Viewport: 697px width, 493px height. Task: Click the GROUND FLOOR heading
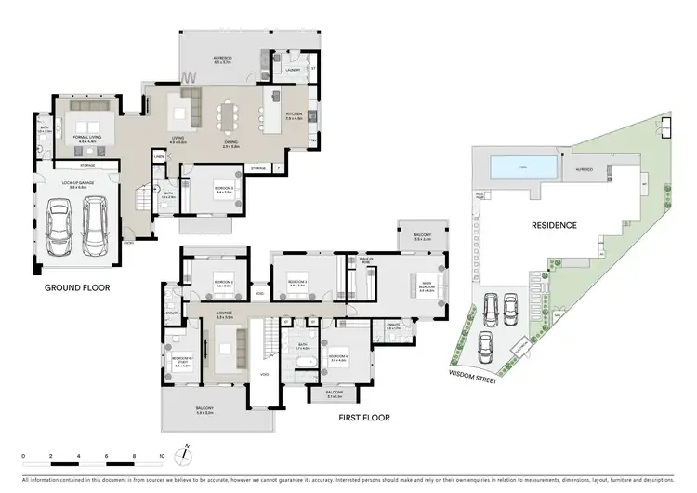coord(78,288)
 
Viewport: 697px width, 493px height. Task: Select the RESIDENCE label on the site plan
coord(554,225)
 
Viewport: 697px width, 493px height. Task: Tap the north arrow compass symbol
coord(187,455)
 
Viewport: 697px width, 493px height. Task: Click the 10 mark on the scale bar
coord(162,457)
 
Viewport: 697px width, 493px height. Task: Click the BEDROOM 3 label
coord(297,281)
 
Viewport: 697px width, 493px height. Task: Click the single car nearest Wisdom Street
coord(484,349)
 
